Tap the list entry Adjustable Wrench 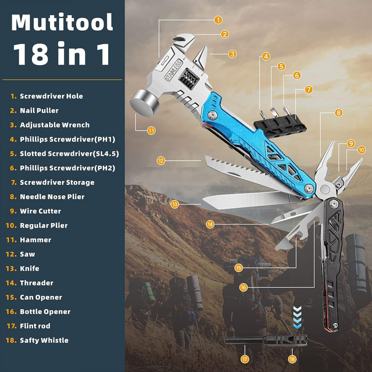pos(55,125)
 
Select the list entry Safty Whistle pos(44,341)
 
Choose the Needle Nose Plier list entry pos(52,197)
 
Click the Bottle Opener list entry pos(45,312)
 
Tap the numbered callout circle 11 pos(151,131)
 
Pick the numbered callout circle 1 pos(218,19)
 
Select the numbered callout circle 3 pos(232,54)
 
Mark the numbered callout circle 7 pos(309,90)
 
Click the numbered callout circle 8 pos(338,113)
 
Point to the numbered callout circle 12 pos(161,160)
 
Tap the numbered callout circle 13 pos(175,203)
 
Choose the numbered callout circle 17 pos(245,359)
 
